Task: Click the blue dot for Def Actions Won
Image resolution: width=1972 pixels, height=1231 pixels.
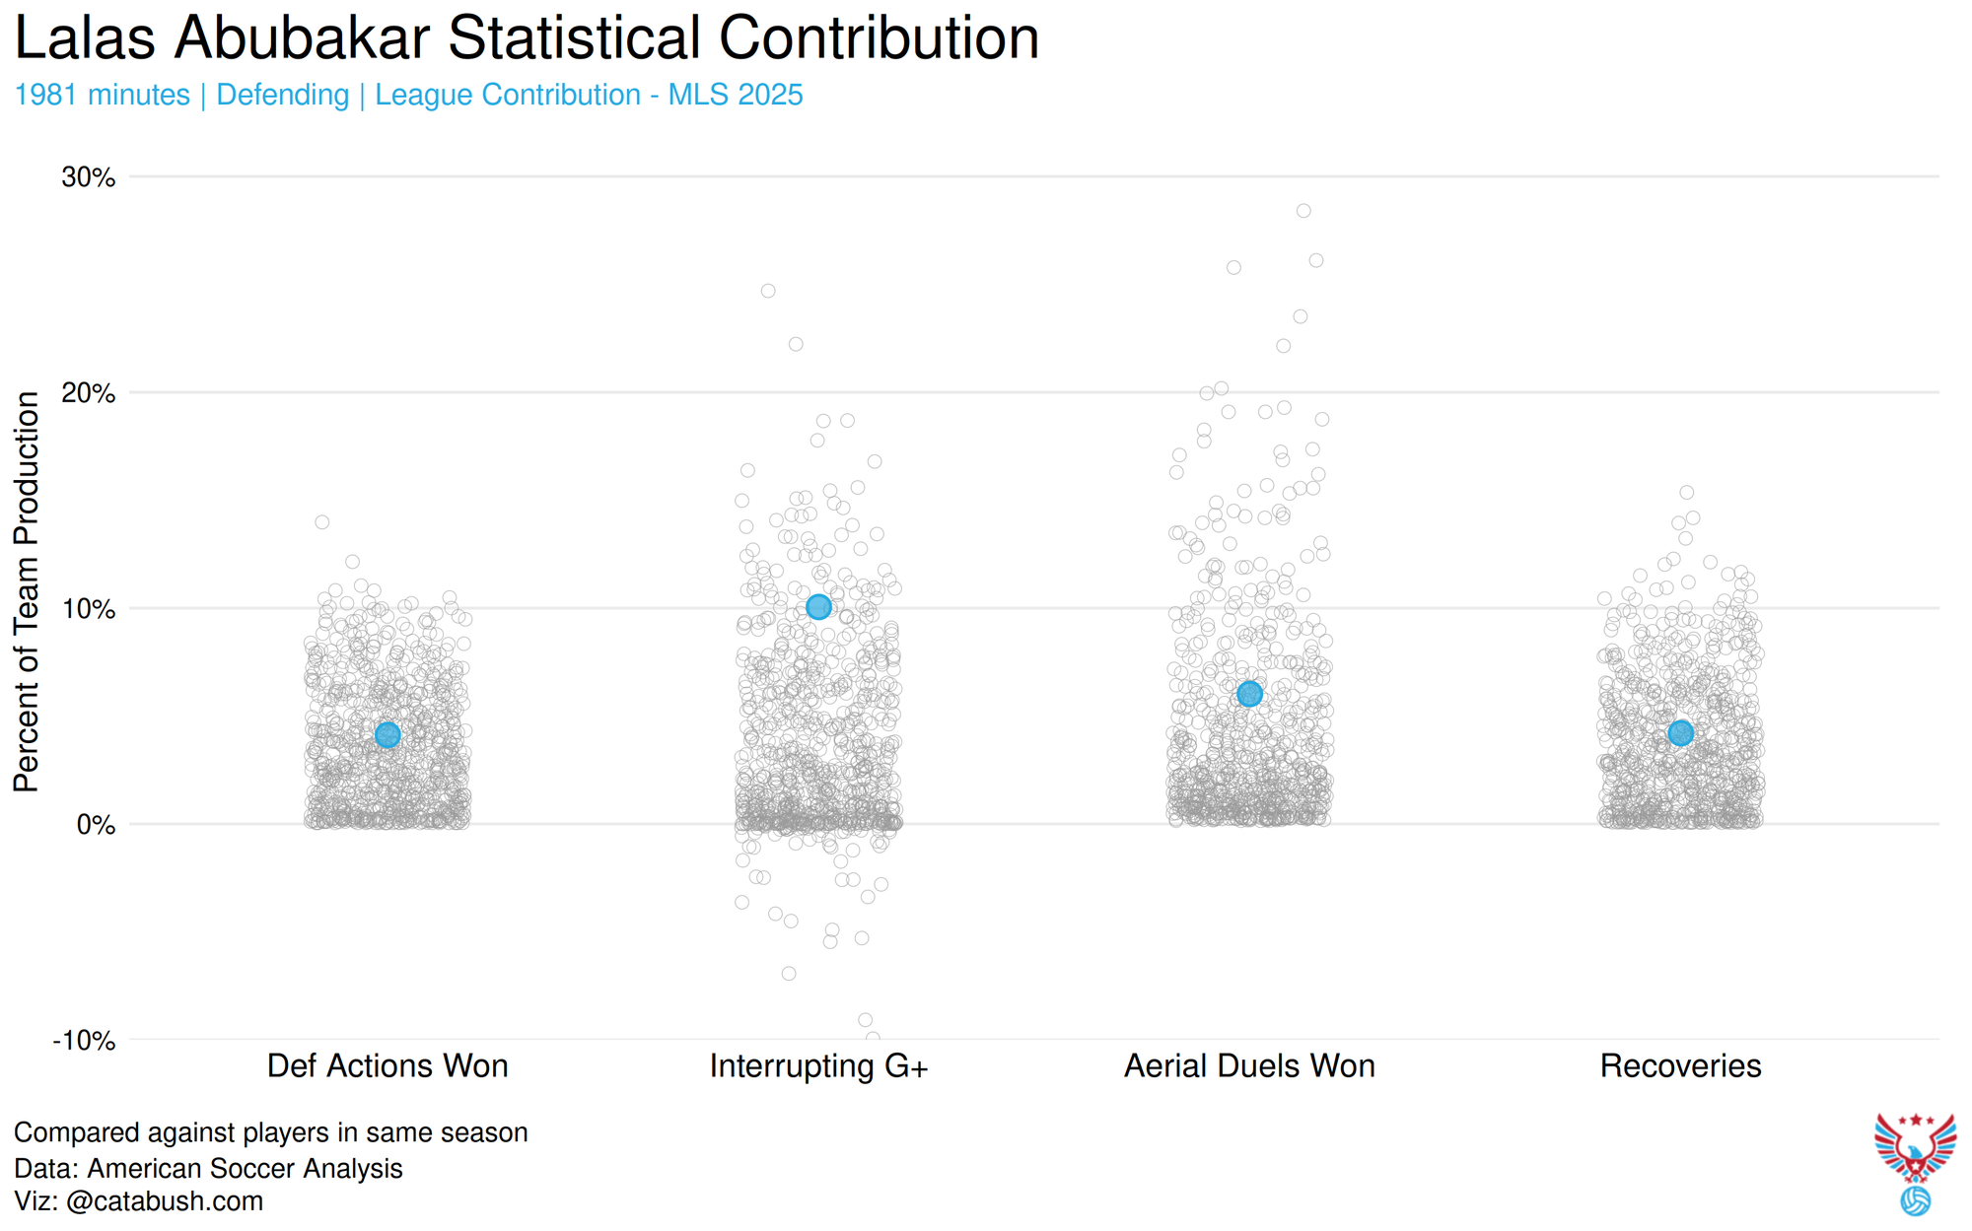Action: (x=387, y=735)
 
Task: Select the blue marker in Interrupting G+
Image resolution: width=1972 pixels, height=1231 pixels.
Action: (x=818, y=607)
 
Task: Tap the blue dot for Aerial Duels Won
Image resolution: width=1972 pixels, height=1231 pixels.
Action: (x=1249, y=694)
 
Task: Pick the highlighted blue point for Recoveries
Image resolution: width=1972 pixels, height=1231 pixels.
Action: (x=1681, y=732)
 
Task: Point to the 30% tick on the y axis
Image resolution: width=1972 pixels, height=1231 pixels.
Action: (x=89, y=177)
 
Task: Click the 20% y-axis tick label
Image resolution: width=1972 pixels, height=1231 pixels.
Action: (x=89, y=393)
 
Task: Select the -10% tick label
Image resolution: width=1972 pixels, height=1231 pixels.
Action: (x=84, y=1041)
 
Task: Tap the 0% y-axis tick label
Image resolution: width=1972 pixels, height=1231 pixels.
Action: (x=96, y=825)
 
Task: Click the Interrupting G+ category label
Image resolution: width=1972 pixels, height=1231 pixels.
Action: (x=818, y=1066)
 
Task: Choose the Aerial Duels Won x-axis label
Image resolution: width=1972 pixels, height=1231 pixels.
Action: (x=1249, y=1066)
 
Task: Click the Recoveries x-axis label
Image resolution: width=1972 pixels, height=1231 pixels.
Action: (x=1680, y=1066)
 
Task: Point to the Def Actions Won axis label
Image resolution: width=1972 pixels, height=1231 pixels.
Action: (x=387, y=1066)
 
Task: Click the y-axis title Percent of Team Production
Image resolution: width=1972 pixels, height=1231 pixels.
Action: (x=27, y=591)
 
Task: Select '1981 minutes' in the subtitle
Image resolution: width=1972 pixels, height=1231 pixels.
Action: (x=103, y=95)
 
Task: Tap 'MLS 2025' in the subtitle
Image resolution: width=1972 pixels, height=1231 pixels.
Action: (x=736, y=95)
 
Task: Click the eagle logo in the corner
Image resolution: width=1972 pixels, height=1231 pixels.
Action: (x=1915, y=1148)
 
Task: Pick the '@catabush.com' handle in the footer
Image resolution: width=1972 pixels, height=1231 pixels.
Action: (x=165, y=1201)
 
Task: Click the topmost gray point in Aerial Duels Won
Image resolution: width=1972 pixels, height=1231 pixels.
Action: (x=1303, y=211)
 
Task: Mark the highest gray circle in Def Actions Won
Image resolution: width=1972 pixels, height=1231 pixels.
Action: (x=321, y=522)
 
